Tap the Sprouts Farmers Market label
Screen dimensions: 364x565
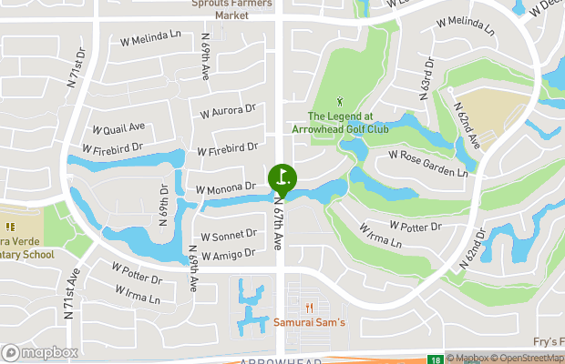231,9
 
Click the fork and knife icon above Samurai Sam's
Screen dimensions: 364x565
310,308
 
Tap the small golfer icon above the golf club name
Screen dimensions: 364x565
342,101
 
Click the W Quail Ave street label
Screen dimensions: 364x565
119,128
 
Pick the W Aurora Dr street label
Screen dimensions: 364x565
228,110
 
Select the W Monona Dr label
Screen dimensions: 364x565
225,187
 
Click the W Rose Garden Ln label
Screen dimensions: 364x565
427,164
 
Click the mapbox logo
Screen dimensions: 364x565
39,352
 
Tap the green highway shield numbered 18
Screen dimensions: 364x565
437,359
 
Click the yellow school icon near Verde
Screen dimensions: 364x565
10,227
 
